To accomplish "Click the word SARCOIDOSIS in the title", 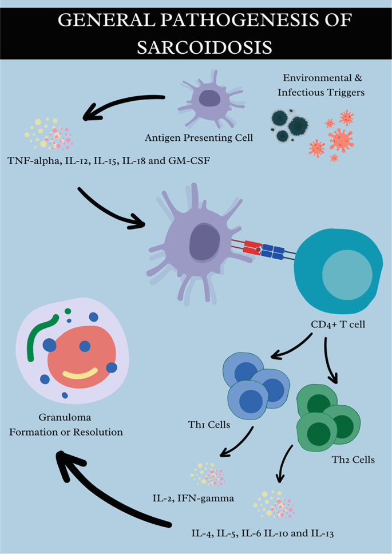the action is pyautogui.click(x=204, y=46).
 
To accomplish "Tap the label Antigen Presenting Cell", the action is pyautogui.click(x=199, y=137).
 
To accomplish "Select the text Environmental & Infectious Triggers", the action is pyautogui.click(x=321, y=85).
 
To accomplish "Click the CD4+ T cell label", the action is pyautogui.click(x=338, y=324).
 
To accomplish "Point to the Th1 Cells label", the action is pyautogui.click(x=209, y=424).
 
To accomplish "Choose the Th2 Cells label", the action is pyautogui.click(x=353, y=460).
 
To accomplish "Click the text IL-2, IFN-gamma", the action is pyautogui.click(x=193, y=498).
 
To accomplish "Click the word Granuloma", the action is pyautogui.click(x=65, y=417).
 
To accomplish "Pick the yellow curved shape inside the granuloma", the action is pyautogui.click(x=80, y=373).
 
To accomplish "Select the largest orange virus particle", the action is pyautogui.click(x=340, y=139).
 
